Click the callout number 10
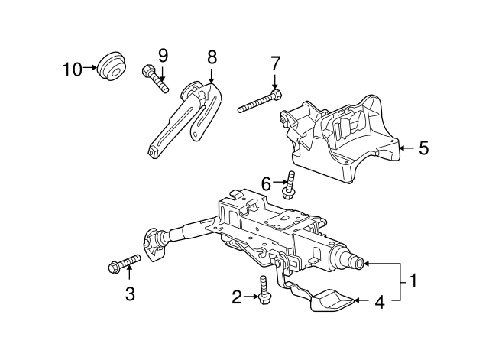(72, 70)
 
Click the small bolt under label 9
(155, 79)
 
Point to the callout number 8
(212, 56)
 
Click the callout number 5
(423, 148)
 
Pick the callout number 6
(266, 183)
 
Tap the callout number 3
(130, 294)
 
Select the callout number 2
(237, 295)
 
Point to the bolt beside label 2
(264, 290)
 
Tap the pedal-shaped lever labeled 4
(330, 300)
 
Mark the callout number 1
(413, 281)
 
